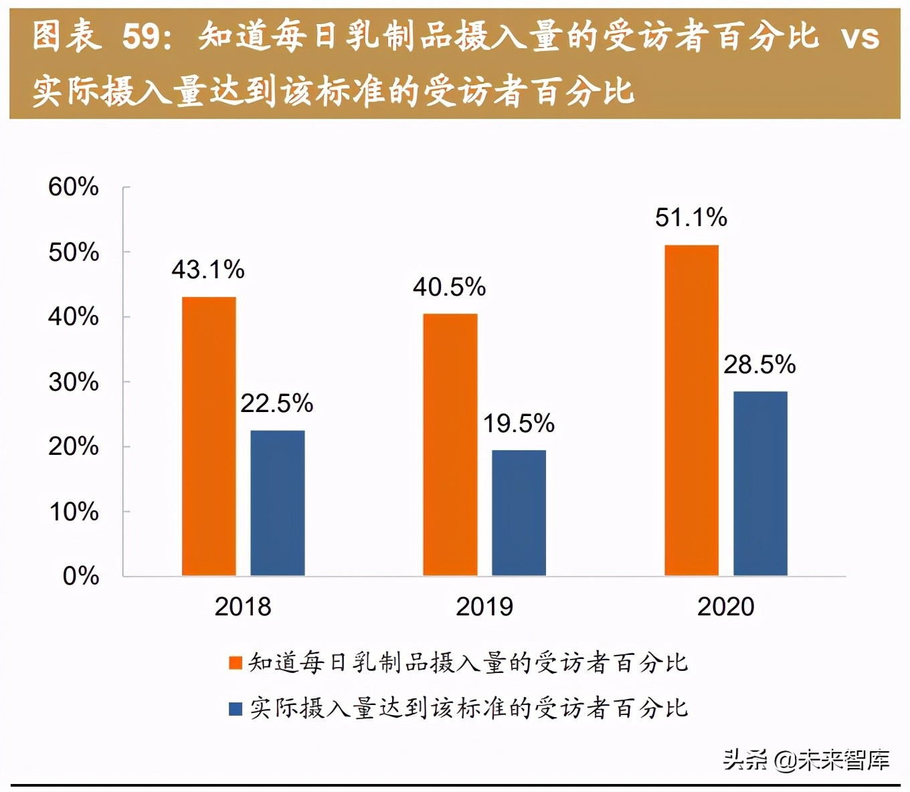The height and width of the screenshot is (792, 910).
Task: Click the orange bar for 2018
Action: coord(209,436)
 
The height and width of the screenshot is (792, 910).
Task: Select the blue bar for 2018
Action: coord(278,503)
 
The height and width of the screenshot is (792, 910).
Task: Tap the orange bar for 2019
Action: coord(450,445)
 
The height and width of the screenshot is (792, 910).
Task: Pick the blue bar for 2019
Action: coord(519,513)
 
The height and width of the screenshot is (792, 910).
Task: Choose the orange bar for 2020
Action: coord(691,410)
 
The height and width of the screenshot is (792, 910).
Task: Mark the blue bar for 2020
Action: coord(760,483)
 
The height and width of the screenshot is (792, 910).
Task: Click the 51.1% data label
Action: coord(691,217)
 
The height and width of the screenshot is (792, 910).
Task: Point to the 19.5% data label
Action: coord(519,423)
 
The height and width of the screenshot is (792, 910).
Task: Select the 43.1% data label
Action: coord(208,270)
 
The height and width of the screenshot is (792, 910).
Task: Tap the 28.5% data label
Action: coord(759,365)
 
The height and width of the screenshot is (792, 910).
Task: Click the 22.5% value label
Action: coord(277,403)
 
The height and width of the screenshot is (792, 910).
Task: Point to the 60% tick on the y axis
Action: coord(74,187)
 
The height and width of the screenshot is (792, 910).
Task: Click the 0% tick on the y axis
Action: coord(81,576)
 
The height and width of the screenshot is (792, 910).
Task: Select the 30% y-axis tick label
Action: coord(74,382)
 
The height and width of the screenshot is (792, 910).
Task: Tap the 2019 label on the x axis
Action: coord(484,607)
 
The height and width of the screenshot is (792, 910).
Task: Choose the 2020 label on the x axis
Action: coord(726,607)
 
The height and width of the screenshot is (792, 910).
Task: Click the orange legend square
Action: coord(235,663)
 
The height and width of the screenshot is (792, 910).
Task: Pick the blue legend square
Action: coord(235,708)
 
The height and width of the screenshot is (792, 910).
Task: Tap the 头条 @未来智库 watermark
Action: coord(806,760)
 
